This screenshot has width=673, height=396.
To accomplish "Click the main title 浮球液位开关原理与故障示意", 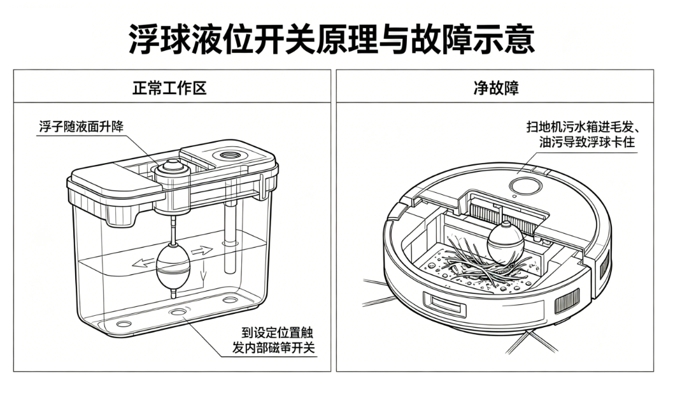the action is pos(332,39).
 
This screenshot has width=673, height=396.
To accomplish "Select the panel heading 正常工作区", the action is pos(169,88).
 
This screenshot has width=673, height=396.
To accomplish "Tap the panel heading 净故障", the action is pos(496,88).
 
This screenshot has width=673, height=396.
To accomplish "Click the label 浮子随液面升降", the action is pos(81,127).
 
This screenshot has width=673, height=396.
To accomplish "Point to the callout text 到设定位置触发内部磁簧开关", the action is pos(274,340).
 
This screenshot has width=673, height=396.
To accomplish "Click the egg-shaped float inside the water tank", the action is pos(173,267).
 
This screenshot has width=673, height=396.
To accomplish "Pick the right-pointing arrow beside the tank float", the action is pos(202,251).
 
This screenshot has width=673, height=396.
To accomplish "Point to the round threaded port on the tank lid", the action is pos(230,155).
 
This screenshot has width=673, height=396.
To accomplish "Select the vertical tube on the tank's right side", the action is pos(230,237).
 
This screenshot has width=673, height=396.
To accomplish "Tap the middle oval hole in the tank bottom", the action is pos(178,311).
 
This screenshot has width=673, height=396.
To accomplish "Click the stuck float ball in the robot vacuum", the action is pos(506,243).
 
